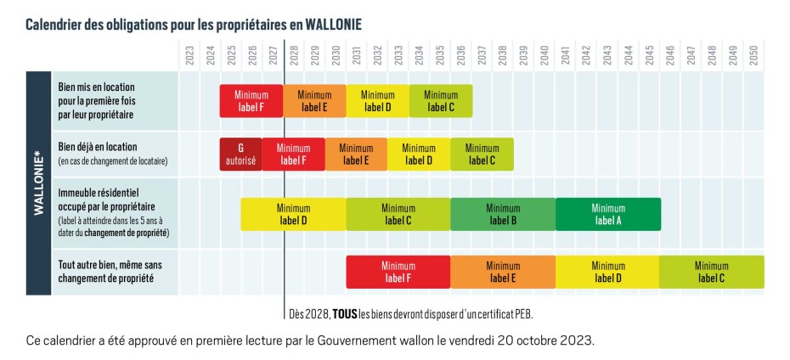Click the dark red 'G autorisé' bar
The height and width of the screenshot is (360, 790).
(x=240, y=154)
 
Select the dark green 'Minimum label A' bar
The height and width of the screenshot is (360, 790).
(x=607, y=214)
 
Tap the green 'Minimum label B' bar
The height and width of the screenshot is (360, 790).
(x=503, y=214)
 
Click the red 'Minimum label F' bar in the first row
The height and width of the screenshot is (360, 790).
(x=251, y=101)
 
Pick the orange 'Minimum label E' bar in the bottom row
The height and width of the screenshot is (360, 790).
(x=503, y=272)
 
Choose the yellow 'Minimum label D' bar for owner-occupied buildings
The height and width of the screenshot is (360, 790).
(x=293, y=214)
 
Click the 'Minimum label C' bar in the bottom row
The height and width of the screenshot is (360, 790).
(x=711, y=272)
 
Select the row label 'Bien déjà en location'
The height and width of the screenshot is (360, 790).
(x=98, y=147)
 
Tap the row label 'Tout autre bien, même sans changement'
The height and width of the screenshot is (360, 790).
(x=110, y=272)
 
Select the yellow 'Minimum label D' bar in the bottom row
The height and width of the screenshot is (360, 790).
(x=607, y=272)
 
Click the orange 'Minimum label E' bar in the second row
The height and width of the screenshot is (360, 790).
(x=356, y=154)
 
